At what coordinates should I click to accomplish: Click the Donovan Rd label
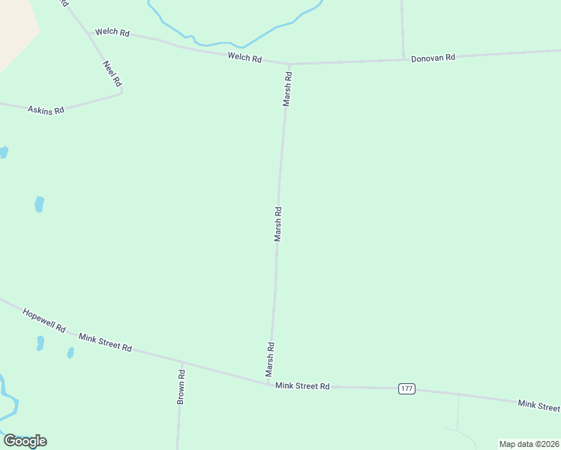point(433,58)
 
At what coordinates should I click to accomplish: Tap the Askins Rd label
point(46,109)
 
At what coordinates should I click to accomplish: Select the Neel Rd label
point(112,73)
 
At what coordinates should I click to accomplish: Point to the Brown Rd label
point(181,387)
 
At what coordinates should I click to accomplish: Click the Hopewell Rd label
point(44,320)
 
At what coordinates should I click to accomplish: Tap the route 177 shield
point(406,388)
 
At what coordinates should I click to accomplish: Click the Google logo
point(25,441)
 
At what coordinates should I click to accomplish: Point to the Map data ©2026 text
point(529,444)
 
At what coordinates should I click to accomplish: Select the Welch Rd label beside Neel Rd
point(112,33)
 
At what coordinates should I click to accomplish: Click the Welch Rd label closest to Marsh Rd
point(245,58)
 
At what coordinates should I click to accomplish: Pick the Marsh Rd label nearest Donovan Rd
point(286,89)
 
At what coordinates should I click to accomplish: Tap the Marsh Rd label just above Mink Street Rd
point(269,359)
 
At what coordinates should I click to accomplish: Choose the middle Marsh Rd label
point(277,223)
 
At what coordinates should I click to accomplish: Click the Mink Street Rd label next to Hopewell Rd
point(106,343)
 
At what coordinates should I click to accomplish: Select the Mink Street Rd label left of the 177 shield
point(302,385)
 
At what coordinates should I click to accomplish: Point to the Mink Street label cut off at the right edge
point(538,406)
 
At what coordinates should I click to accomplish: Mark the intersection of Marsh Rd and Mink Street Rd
point(268,384)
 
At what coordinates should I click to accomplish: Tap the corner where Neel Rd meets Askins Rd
point(121,93)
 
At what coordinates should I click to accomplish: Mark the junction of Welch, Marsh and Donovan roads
point(289,64)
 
